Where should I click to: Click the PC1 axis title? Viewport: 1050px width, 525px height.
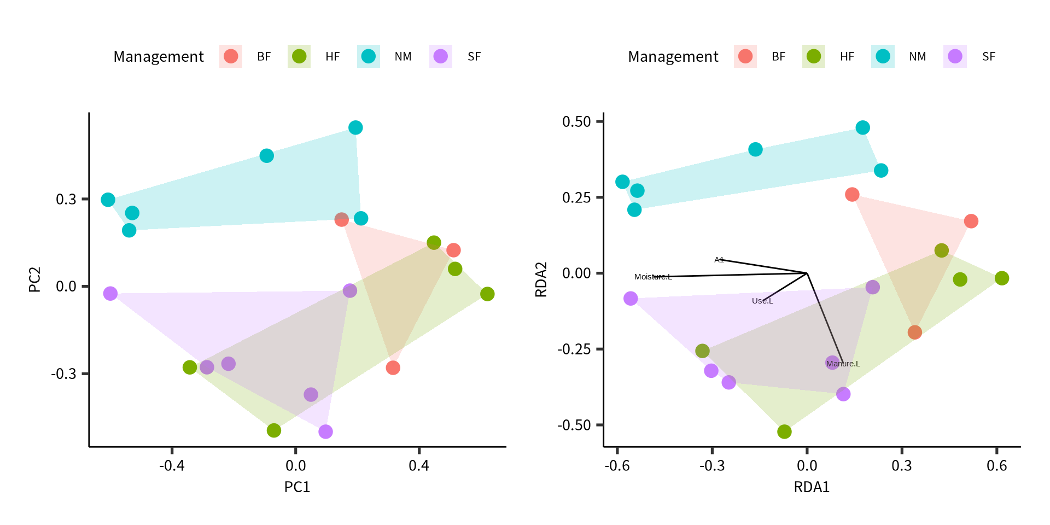297,487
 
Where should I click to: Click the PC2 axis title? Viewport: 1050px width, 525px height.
35,279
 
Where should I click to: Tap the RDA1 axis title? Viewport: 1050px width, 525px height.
812,487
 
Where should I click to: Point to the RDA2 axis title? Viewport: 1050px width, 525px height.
541,279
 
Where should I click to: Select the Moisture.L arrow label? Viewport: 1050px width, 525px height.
653,277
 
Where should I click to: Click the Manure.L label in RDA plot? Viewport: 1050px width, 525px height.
843,364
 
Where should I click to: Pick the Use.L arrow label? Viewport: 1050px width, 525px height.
762,301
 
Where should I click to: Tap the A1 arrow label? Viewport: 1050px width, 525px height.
719,260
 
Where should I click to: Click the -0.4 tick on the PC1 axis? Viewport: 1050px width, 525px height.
172,465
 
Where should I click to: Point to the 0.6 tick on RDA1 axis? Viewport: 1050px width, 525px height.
996,465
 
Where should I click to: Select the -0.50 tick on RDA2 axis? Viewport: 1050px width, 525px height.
574,425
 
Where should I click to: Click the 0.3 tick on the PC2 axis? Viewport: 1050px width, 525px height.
66,199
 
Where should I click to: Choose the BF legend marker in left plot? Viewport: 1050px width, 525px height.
231,56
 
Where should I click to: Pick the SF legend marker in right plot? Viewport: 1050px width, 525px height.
955,56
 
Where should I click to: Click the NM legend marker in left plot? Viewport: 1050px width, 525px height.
369,56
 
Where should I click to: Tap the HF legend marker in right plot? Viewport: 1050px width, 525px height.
814,56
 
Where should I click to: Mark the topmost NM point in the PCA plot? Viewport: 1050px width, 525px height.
355,127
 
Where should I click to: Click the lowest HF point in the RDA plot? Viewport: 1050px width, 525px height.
784,431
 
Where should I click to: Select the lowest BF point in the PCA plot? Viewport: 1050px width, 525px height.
393,367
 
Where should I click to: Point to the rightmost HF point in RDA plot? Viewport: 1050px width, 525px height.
1001,278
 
